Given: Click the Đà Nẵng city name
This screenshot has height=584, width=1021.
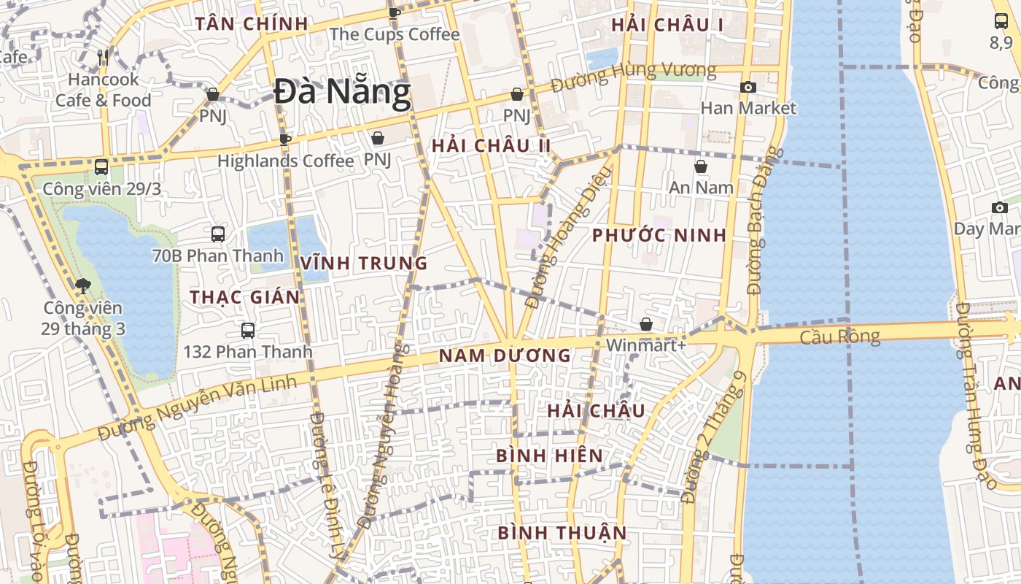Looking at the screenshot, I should click(x=342, y=93).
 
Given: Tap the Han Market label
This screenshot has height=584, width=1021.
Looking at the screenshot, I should click(x=748, y=108).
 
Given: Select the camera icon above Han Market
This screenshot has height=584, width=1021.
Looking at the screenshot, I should click(x=748, y=88).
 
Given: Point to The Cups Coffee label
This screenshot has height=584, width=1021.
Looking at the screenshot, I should click(x=395, y=34).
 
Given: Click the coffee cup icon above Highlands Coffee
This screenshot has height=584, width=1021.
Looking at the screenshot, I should click(x=285, y=139).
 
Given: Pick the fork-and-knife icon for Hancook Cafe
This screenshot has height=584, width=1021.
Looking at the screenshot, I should click(x=103, y=58).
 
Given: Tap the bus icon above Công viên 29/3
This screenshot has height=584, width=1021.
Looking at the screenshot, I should click(x=101, y=167).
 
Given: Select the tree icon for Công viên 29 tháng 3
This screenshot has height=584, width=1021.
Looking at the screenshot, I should click(x=82, y=286).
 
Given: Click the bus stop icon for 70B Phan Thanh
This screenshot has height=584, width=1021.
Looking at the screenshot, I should click(x=218, y=234).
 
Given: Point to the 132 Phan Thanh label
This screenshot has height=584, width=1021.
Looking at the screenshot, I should click(x=247, y=352).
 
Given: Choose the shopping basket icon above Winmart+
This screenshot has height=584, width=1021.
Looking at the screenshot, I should click(x=645, y=324).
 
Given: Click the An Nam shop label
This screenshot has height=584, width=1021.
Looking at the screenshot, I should click(x=701, y=188).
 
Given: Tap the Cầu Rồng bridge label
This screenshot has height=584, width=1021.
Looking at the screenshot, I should click(x=839, y=337).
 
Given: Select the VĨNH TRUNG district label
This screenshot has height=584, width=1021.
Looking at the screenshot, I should click(x=364, y=264).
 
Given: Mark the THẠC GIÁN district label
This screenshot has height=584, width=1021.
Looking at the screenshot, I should click(x=245, y=297).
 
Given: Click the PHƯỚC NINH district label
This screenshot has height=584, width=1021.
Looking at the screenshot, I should click(x=659, y=235).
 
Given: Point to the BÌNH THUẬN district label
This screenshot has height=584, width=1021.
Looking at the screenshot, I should click(x=562, y=533).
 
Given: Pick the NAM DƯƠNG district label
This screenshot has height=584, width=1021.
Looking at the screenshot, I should click(x=504, y=356).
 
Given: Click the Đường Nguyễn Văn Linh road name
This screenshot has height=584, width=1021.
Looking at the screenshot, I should click(x=198, y=407).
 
